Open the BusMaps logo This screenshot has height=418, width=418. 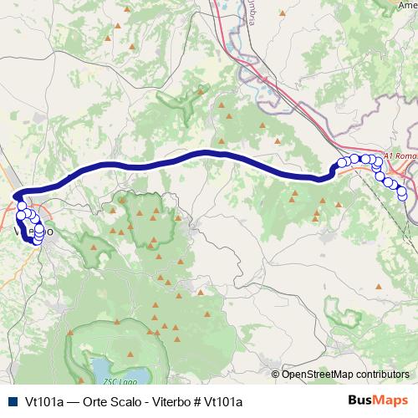(x=378, y=400)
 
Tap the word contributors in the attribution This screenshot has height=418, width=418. (x=384, y=375)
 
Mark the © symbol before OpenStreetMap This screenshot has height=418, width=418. (x=277, y=375)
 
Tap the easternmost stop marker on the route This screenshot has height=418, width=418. (x=402, y=196)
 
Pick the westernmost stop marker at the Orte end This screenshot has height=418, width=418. (x=339, y=164)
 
